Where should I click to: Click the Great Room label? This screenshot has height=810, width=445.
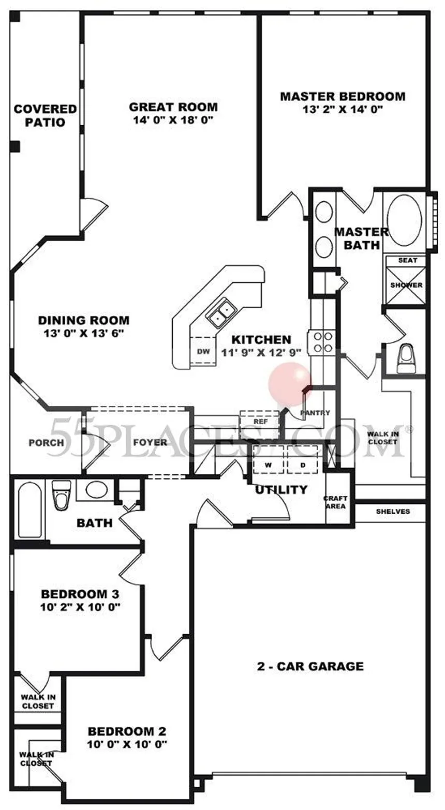coord(173,107)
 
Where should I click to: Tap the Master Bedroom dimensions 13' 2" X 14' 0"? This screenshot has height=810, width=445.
coord(343,109)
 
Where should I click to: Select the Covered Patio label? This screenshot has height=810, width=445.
coord(45,116)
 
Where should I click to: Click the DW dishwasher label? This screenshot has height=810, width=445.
coord(203,351)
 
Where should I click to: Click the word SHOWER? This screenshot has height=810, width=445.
coord(406,285)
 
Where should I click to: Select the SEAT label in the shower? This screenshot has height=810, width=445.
coord(407,260)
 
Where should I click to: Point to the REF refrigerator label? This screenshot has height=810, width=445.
coord(260,422)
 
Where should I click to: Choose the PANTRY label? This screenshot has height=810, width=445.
coord(315,413)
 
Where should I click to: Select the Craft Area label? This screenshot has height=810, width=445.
coord(335,502)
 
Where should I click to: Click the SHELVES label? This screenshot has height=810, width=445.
coord(393,512)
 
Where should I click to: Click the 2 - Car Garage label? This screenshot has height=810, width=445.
coord(310,666)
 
